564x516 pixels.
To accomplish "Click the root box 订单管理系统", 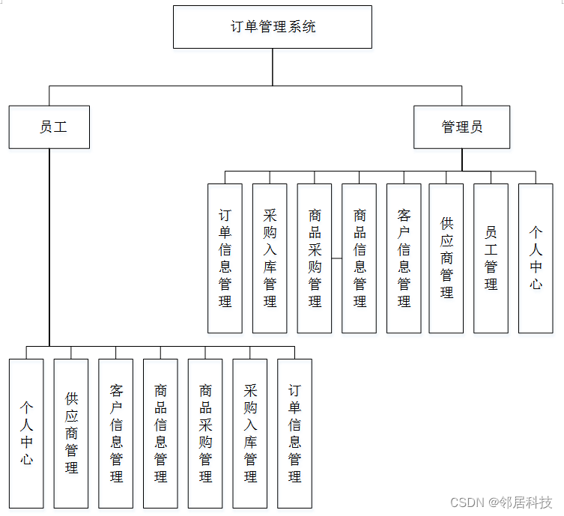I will [273, 27].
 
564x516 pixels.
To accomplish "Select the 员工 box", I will [49, 127].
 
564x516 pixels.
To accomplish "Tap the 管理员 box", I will [462, 127].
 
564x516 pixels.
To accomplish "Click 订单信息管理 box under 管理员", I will [225, 258].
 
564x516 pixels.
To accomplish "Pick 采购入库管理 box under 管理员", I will [270, 258].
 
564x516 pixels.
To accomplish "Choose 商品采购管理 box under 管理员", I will [315, 258].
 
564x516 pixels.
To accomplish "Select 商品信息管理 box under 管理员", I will [360, 258].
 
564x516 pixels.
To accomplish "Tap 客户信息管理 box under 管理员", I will [404, 258].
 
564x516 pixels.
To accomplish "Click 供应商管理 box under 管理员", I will [446, 258].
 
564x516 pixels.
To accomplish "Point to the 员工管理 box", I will [491, 258].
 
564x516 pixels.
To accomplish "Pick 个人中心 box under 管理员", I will [536, 258].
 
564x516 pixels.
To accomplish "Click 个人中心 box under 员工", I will [26, 434].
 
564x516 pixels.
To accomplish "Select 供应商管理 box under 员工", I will [71, 434].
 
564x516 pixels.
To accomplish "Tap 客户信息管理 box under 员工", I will [116, 434].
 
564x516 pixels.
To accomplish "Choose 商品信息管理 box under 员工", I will [160, 434].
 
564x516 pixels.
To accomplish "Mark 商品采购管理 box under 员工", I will [205, 434].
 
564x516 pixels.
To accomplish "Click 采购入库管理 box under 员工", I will [250, 434].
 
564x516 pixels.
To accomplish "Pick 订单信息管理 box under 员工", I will [294, 434].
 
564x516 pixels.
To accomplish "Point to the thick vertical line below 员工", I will [49, 247].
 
